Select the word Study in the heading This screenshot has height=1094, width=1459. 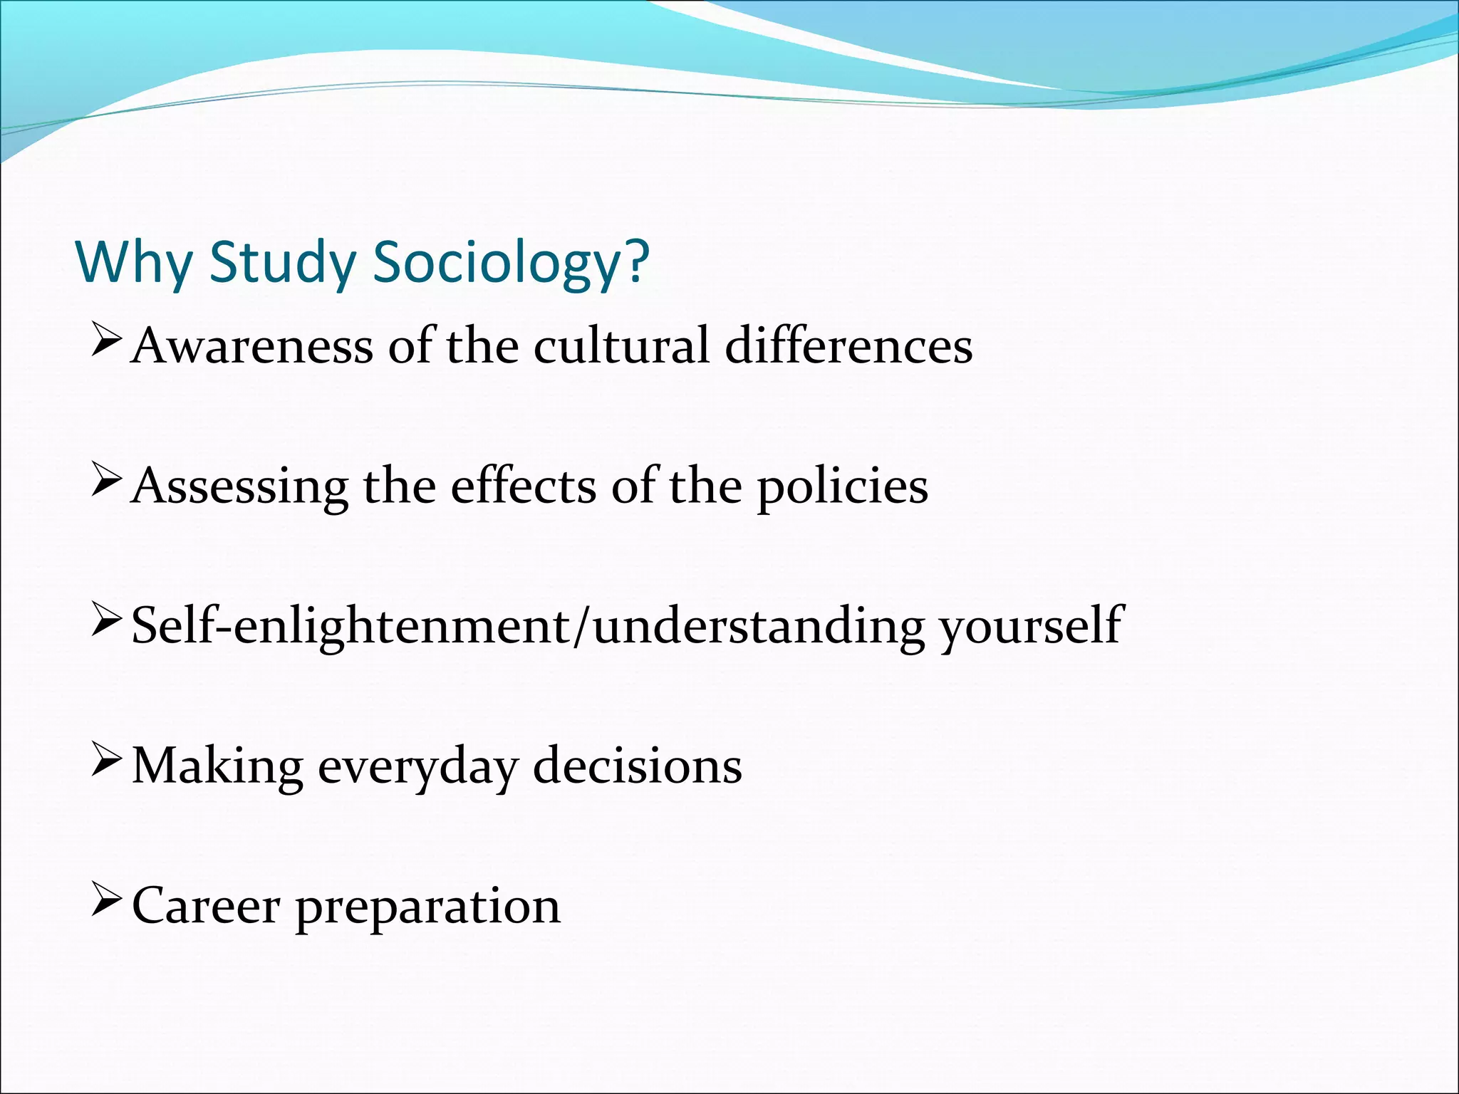[x=282, y=262]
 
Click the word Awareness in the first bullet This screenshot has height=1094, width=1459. [x=252, y=346]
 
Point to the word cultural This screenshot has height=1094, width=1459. [x=621, y=346]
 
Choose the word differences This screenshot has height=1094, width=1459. [x=848, y=346]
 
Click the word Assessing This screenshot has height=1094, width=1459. [x=240, y=486]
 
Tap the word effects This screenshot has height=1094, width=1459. [x=524, y=486]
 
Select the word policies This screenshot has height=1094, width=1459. [x=843, y=486]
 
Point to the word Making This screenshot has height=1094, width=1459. [x=217, y=766]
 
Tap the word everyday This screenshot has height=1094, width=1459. [x=417, y=766]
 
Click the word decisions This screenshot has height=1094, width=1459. [x=638, y=766]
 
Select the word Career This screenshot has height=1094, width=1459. [x=206, y=906]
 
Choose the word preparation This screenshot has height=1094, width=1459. [x=428, y=906]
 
